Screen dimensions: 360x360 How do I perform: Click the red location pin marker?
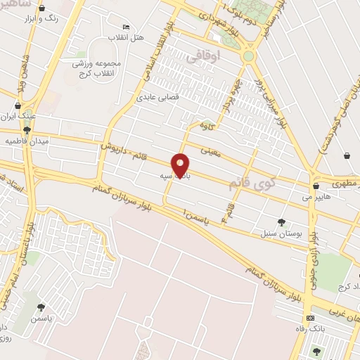coord(181,165)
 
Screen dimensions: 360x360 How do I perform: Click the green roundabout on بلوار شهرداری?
coord(248,56)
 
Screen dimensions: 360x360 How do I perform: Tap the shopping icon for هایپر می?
coord(316,187)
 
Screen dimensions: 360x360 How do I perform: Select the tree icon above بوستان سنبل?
coord(282,222)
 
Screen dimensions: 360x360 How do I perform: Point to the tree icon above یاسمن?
coord(41,307)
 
